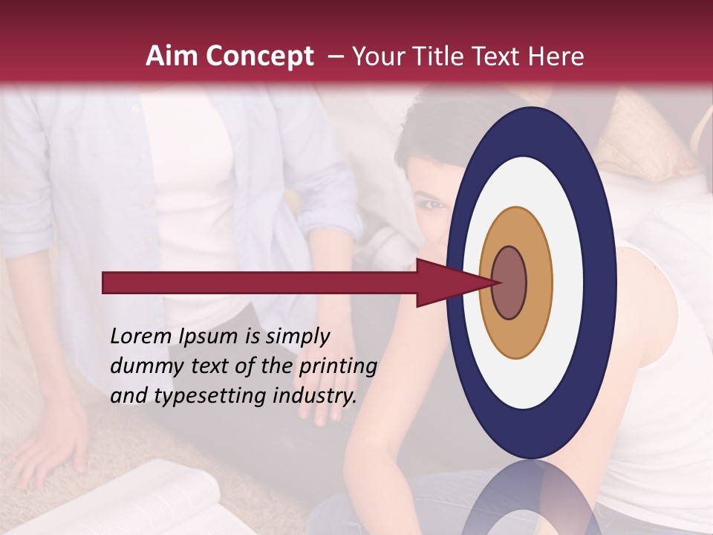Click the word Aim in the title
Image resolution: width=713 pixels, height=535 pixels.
[x=172, y=56]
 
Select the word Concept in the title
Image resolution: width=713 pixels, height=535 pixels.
[x=260, y=57]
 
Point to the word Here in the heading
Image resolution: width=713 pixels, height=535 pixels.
[x=556, y=56]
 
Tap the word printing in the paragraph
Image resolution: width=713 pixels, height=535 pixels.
[x=338, y=366]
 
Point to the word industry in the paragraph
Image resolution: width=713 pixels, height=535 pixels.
[x=316, y=395]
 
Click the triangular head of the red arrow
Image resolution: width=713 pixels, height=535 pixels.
[x=446, y=283]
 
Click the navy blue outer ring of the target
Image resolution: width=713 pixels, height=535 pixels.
[x=603, y=283]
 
